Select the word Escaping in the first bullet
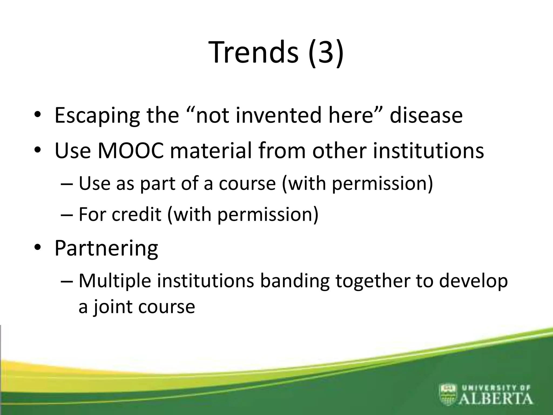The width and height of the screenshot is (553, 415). (97, 116)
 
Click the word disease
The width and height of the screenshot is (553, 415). (426, 116)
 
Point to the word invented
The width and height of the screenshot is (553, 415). (278, 116)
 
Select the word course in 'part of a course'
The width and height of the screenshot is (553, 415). (247, 184)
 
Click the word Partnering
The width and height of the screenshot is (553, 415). (106, 249)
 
